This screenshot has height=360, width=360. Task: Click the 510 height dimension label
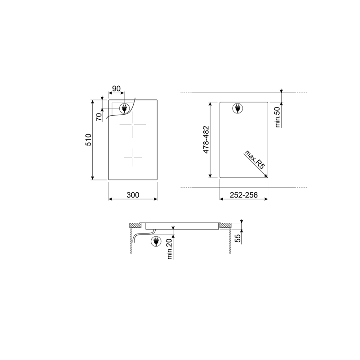(x=88, y=139)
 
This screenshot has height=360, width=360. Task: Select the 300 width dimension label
(x=133, y=195)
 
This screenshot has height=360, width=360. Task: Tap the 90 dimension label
(x=116, y=88)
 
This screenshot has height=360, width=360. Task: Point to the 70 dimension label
(x=99, y=117)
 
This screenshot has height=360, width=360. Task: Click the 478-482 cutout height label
(x=206, y=139)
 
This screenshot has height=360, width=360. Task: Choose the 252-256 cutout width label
(x=243, y=195)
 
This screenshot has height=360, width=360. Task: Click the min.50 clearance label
(x=278, y=117)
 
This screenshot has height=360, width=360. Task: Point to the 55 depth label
(x=238, y=238)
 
